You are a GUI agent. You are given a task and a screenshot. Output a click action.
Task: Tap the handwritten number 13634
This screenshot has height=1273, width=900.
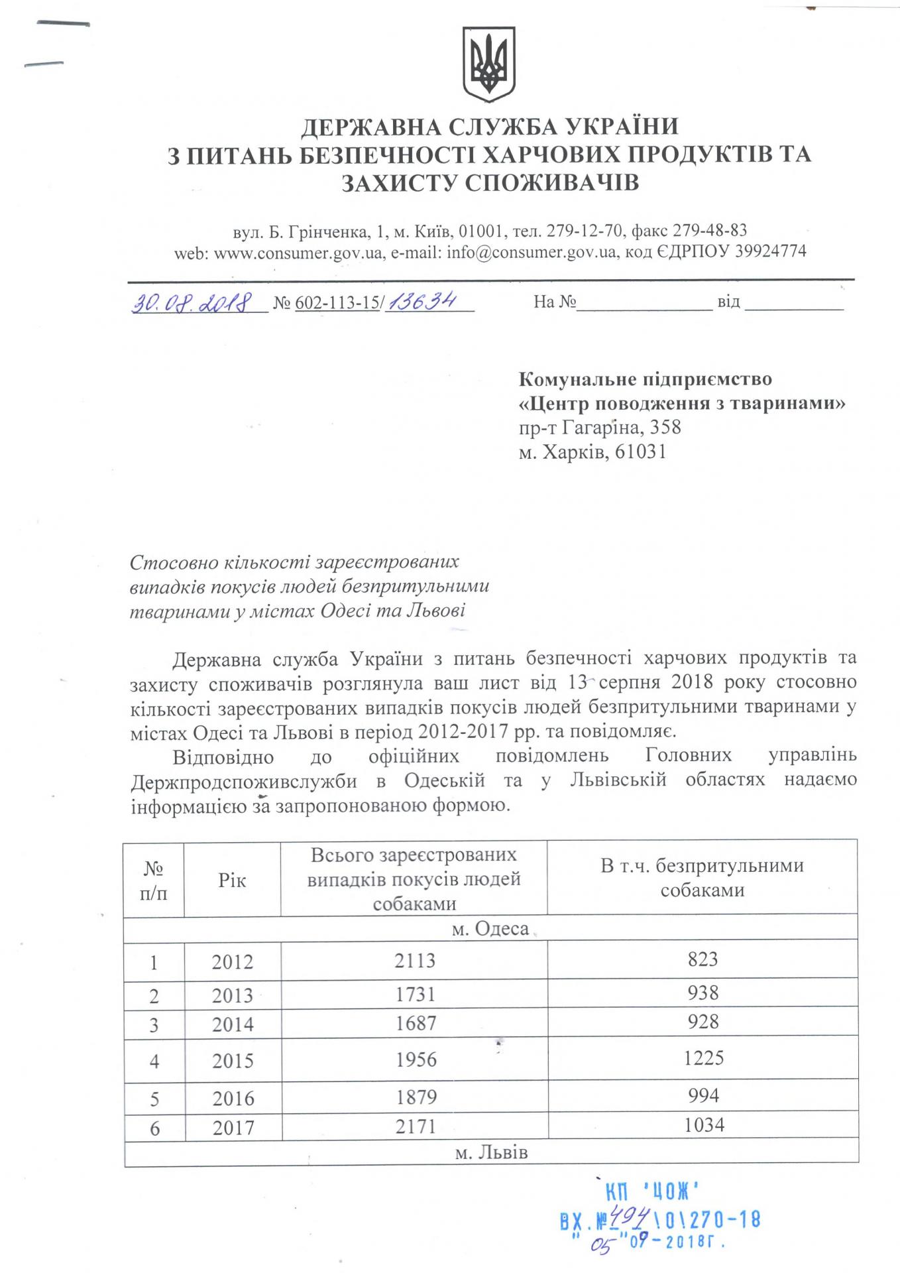pos(423,302)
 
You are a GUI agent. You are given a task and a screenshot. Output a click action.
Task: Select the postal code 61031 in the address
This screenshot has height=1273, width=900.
pos(640,452)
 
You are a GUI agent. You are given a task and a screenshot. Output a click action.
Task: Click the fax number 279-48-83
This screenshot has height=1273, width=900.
pos(710,231)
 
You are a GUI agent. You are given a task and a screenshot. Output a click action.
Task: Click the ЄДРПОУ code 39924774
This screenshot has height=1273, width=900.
pos(771,252)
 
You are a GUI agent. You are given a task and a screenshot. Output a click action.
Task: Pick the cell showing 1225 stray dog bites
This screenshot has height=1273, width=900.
pos(703,1058)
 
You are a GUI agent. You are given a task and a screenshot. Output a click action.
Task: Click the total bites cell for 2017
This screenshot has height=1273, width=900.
pos(416,1127)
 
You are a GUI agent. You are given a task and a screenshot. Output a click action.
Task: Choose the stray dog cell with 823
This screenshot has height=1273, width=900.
pos(703,959)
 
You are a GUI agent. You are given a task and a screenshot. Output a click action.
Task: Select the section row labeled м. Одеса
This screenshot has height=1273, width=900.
pos(490,929)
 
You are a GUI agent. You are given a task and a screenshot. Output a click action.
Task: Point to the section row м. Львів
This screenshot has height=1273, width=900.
pos(491,1152)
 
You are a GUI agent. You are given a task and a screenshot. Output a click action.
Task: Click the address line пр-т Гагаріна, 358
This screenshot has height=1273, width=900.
pos(600,428)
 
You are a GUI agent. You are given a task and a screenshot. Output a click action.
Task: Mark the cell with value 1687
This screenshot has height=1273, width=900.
pos(416,1023)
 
